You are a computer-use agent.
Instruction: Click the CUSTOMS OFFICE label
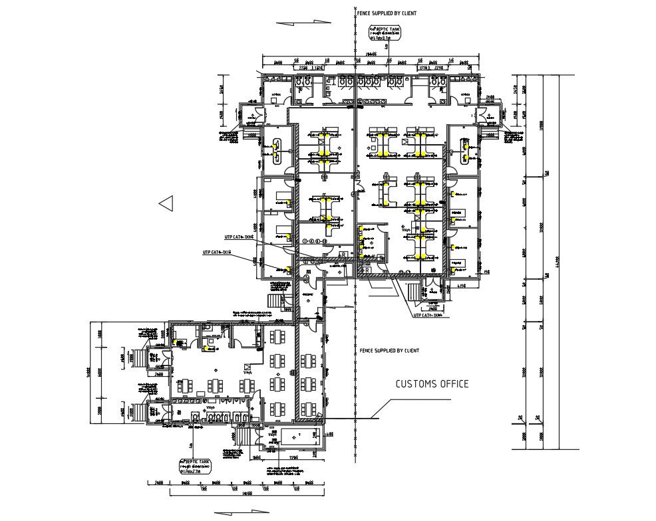point(432,383)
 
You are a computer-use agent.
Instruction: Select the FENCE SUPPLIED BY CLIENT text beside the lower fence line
point(389,350)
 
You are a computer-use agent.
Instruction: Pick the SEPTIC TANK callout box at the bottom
point(196,464)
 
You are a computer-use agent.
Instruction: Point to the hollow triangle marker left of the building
point(166,203)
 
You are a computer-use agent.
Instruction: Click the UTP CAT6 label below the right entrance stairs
point(427,316)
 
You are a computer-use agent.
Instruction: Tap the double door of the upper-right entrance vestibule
point(489,117)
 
